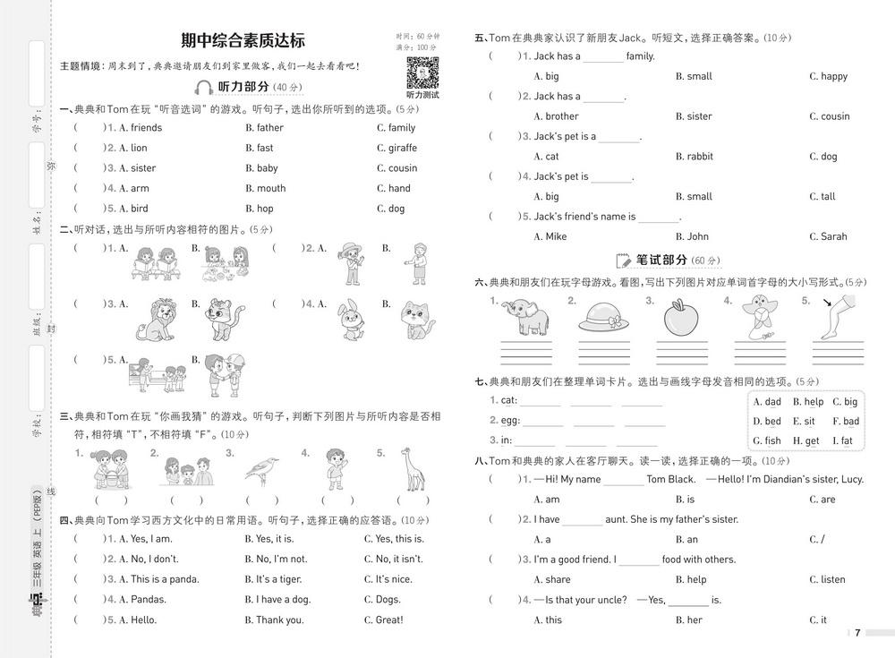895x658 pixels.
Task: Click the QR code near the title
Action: point(422,72)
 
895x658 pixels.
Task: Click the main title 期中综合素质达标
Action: point(243,40)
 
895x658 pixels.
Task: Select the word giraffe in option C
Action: point(403,148)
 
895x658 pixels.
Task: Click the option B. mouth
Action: point(265,188)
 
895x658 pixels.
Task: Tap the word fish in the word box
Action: point(772,440)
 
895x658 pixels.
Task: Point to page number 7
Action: point(857,633)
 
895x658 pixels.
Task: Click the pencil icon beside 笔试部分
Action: point(625,261)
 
